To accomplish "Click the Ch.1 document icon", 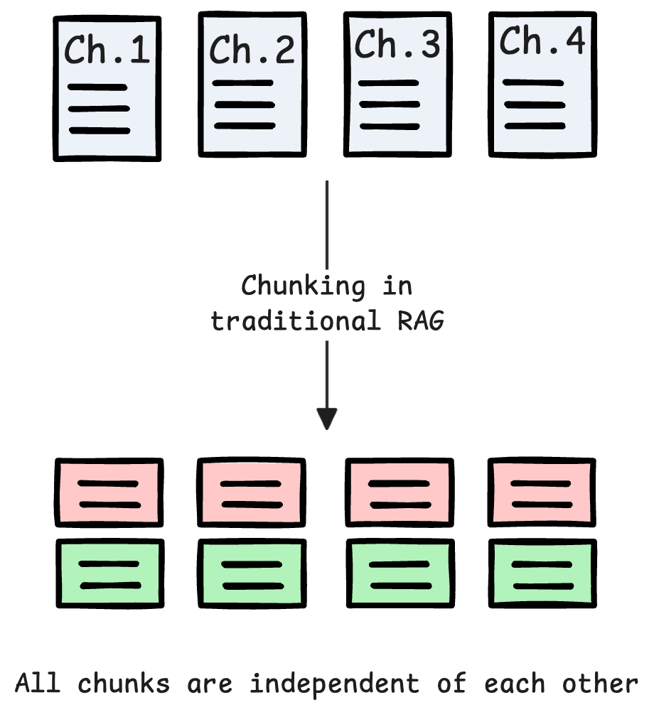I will point(107,89).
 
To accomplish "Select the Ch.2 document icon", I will point(252,85).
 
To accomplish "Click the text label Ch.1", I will point(107,50).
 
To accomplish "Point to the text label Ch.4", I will point(542,41).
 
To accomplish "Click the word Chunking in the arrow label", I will point(303,286).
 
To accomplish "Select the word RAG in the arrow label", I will point(420,320).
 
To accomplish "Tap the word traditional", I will point(296,320).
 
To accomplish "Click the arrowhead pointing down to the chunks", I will point(326,419).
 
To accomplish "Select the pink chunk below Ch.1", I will point(109,493).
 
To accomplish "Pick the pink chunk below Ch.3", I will point(399,493).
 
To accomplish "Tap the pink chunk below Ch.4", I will point(542,493).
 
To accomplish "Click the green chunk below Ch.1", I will point(109,574).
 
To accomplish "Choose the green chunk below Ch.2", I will point(252,574).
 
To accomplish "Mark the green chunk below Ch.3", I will point(399,574).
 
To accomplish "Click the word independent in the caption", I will point(333,684).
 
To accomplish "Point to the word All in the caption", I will point(37,684).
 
